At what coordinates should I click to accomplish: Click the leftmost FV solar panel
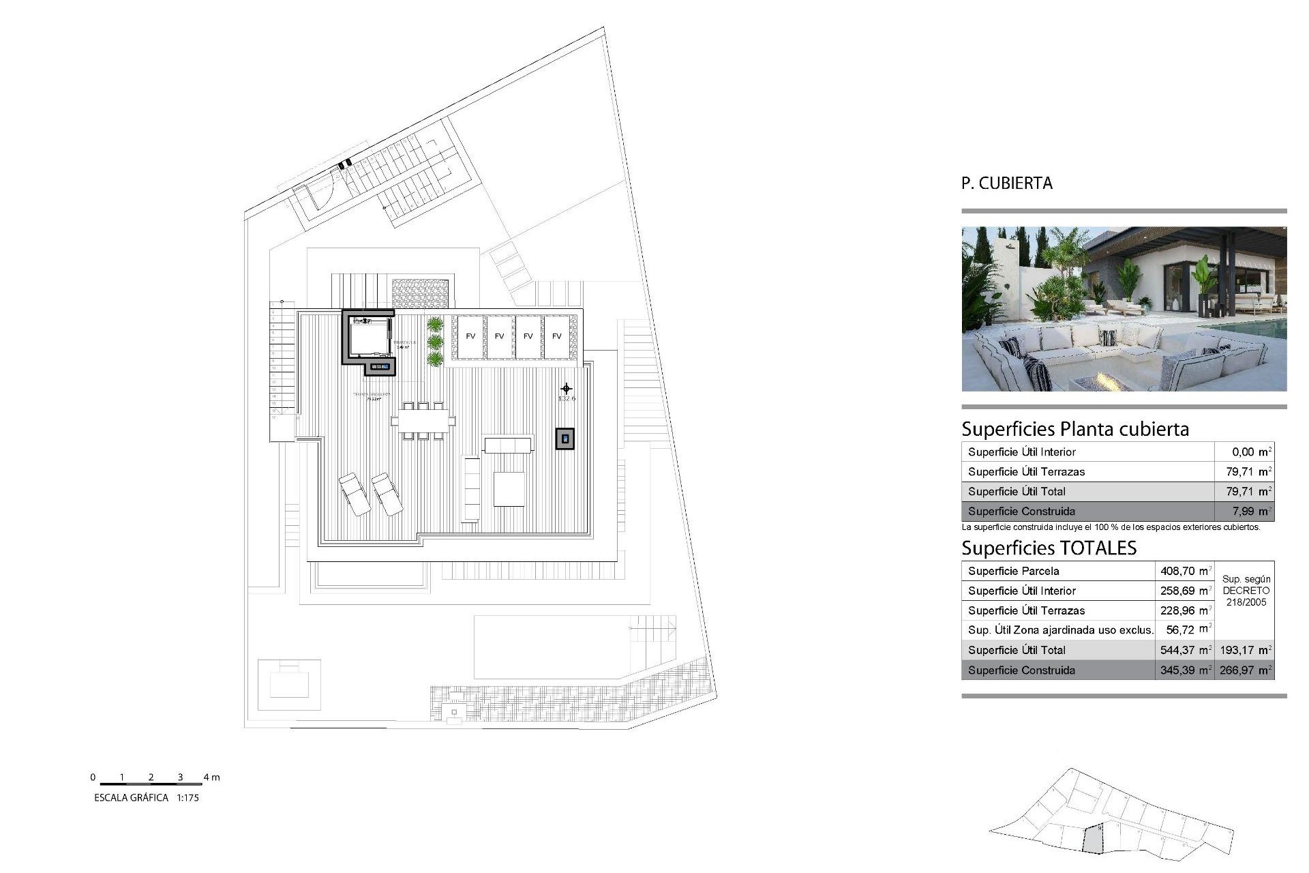(470, 336)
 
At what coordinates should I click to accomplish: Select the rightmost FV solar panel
(557, 336)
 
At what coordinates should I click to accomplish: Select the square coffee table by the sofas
(509, 488)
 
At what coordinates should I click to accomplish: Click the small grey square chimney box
(565, 439)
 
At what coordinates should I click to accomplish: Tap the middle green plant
(435, 341)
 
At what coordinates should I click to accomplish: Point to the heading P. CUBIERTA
(1006, 183)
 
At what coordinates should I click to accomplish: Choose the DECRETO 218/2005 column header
(1246, 591)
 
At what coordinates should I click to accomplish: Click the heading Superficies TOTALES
(1049, 548)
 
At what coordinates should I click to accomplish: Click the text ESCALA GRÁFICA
(131, 797)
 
